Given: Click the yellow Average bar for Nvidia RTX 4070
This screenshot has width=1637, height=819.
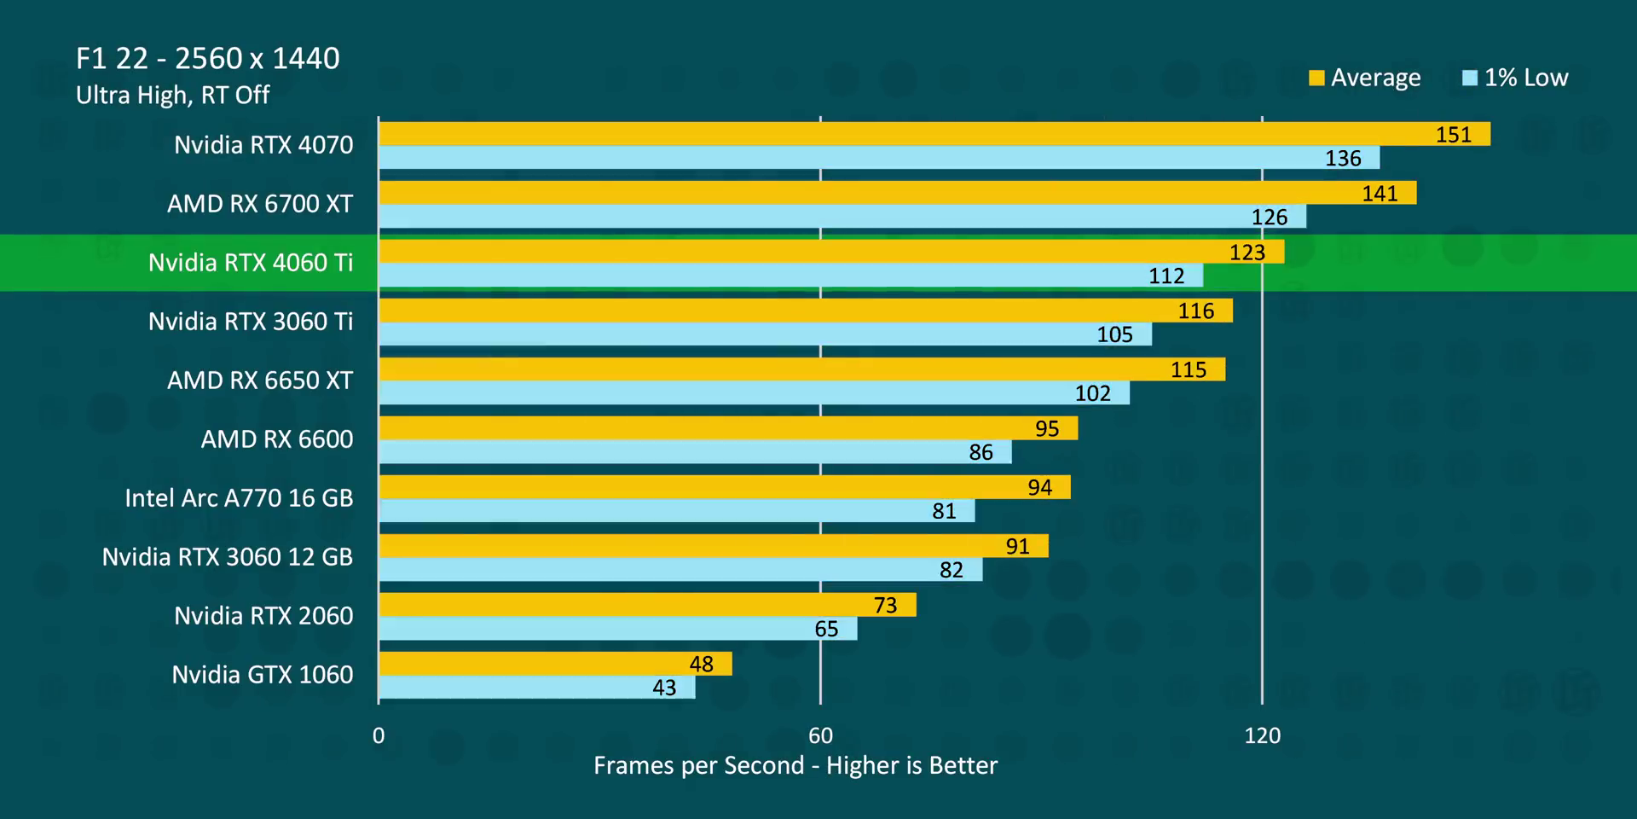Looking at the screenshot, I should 934,134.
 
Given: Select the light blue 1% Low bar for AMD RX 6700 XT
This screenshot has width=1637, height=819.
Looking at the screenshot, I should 842,217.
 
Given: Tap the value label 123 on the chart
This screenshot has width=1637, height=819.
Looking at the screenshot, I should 1247,253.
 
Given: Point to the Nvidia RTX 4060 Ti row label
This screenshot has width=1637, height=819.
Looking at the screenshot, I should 251,263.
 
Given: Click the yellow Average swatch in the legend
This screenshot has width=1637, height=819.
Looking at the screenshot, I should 1316,78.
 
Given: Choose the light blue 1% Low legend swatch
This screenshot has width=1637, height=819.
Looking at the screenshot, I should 1469,78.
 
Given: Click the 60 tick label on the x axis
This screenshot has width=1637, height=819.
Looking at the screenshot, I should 820,735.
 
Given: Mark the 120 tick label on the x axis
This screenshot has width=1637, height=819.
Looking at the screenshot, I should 1262,735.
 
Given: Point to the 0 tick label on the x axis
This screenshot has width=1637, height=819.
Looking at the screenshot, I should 379,735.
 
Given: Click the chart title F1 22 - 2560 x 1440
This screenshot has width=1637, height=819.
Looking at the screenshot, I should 208,58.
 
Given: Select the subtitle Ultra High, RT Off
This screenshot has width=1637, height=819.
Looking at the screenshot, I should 173,95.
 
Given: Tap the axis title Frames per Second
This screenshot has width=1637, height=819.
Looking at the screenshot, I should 795,765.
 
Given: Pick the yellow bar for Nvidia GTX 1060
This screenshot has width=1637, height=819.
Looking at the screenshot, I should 555,664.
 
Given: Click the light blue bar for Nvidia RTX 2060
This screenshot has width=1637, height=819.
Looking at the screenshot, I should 618,629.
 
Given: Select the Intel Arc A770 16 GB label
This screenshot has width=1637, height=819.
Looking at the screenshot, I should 239,498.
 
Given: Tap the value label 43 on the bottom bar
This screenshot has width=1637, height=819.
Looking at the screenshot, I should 664,688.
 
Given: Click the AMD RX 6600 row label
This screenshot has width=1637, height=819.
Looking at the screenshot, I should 277,439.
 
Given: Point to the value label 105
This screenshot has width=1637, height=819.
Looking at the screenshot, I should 1114,334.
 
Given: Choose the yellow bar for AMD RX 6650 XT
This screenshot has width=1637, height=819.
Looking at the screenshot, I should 801,369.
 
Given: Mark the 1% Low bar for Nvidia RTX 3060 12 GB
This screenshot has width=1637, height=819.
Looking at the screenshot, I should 680,570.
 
